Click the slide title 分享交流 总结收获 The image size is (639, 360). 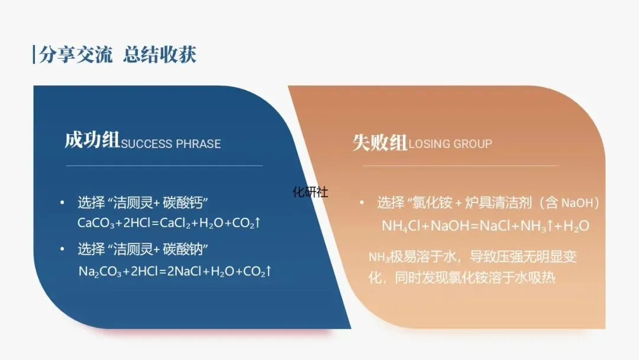(x=117, y=55)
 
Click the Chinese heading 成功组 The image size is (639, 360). (x=92, y=141)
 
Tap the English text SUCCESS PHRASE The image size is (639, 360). (x=171, y=144)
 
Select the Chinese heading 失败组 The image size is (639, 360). (x=380, y=142)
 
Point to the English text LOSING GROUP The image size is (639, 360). (x=450, y=144)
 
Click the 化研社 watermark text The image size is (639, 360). (x=311, y=192)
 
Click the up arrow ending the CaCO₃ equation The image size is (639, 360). (x=258, y=223)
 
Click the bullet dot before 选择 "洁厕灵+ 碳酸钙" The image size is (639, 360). (x=63, y=202)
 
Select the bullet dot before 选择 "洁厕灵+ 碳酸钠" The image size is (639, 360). (x=63, y=249)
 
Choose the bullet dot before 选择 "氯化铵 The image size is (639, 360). (x=362, y=203)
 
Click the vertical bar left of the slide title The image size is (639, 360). (x=34, y=54)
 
